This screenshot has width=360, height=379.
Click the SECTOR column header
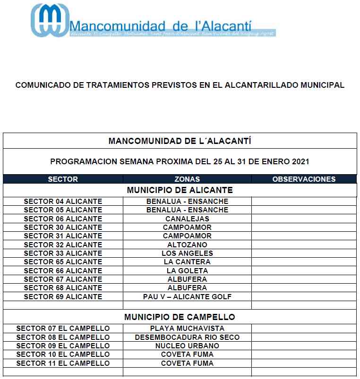[x=63, y=179]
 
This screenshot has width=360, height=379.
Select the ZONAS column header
[x=187, y=179]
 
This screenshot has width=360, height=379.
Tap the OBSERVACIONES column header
[x=304, y=179]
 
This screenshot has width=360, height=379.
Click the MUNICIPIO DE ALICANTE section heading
[x=180, y=190]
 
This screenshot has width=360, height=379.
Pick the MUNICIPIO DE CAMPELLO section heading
[x=180, y=317]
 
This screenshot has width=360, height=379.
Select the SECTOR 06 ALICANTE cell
[x=63, y=219]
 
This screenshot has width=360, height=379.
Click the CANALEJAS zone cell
[x=187, y=219]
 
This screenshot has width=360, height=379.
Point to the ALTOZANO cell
[x=187, y=245]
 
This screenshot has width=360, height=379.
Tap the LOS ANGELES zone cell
[x=187, y=253]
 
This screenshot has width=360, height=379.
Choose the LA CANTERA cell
[x=187, y=262]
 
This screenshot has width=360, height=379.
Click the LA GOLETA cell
[x=187, y=271]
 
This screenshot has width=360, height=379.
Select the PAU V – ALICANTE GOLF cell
[x=187, y=297]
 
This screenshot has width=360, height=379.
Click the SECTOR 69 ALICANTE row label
[x=63, y=297]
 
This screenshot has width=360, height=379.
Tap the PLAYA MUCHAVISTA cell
[x=187, y=328]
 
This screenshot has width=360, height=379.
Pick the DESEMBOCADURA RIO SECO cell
[x=187, y=337]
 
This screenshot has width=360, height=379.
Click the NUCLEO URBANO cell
[x=187, y=346]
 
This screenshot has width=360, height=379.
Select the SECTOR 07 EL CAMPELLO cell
[x=63, y=328]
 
